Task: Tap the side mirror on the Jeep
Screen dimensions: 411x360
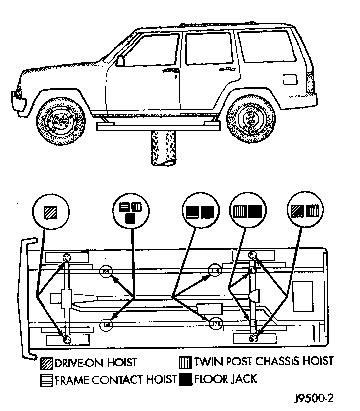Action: [x=121, y=60]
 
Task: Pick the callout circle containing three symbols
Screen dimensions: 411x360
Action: [x=131, y=211]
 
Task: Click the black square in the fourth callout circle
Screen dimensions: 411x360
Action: [x=255, y=212]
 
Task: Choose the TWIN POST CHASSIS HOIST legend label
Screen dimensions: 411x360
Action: [x=263, y=362]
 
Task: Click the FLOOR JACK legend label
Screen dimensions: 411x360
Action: [x=225, y=379]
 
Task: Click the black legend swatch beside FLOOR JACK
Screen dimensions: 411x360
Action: [x=186, y=379]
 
